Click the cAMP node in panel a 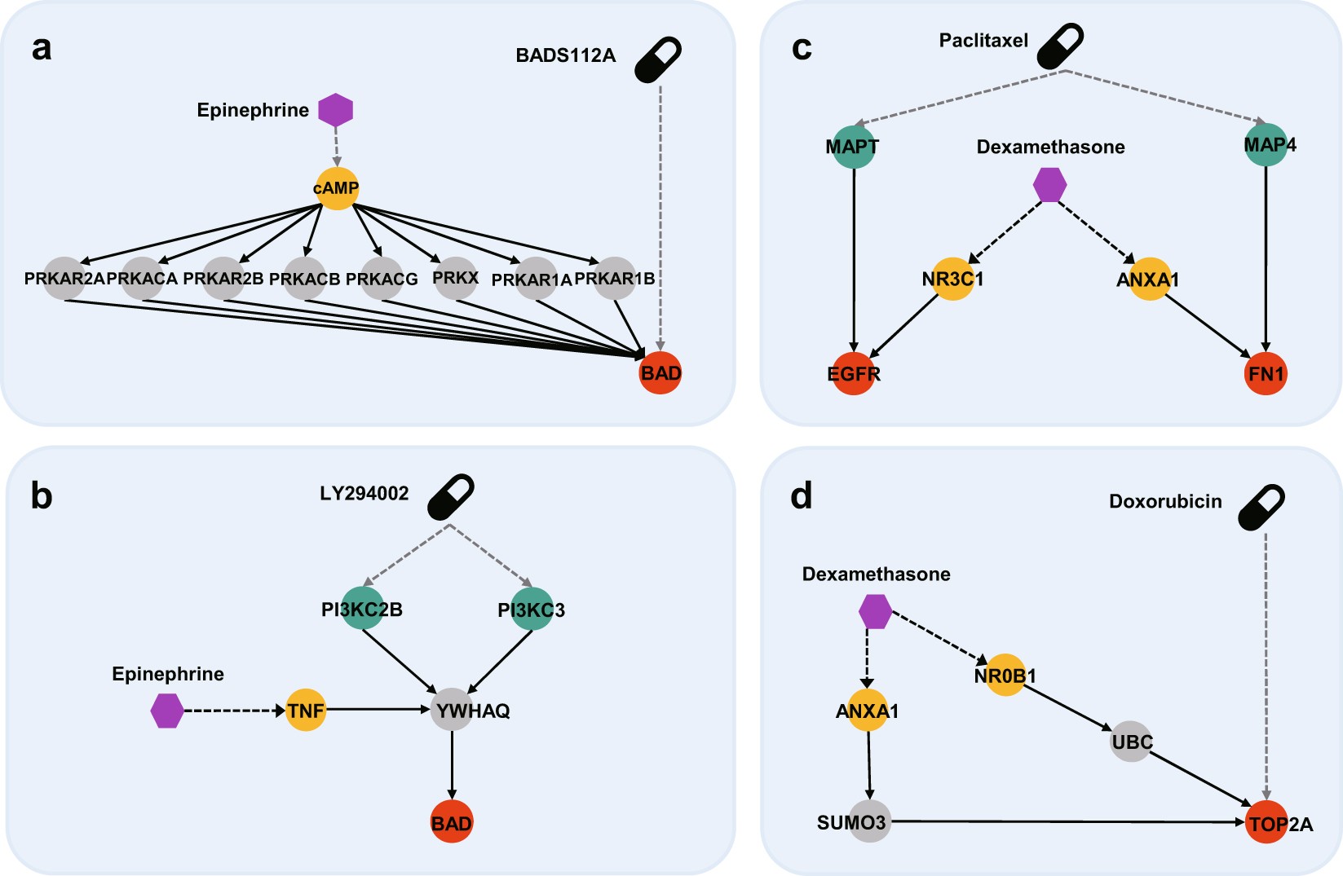click(336, 188)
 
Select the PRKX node click(455, 279)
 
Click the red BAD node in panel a click(660, 373)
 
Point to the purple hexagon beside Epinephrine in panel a click(335, 110)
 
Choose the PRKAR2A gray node click(64, 279)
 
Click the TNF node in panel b click(306, 711)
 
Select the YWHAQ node click(453, 711)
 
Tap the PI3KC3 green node click(532, 610)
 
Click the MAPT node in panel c click(853, 147)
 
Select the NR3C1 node click(952, 280)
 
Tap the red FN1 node click(1266, 374)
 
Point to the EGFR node click(853, 374)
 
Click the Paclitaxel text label click(983, 41)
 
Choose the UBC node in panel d click(1131, 742)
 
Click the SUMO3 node click(869, 822)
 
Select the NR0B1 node click(1005, 676)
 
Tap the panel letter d click(801, 495)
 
